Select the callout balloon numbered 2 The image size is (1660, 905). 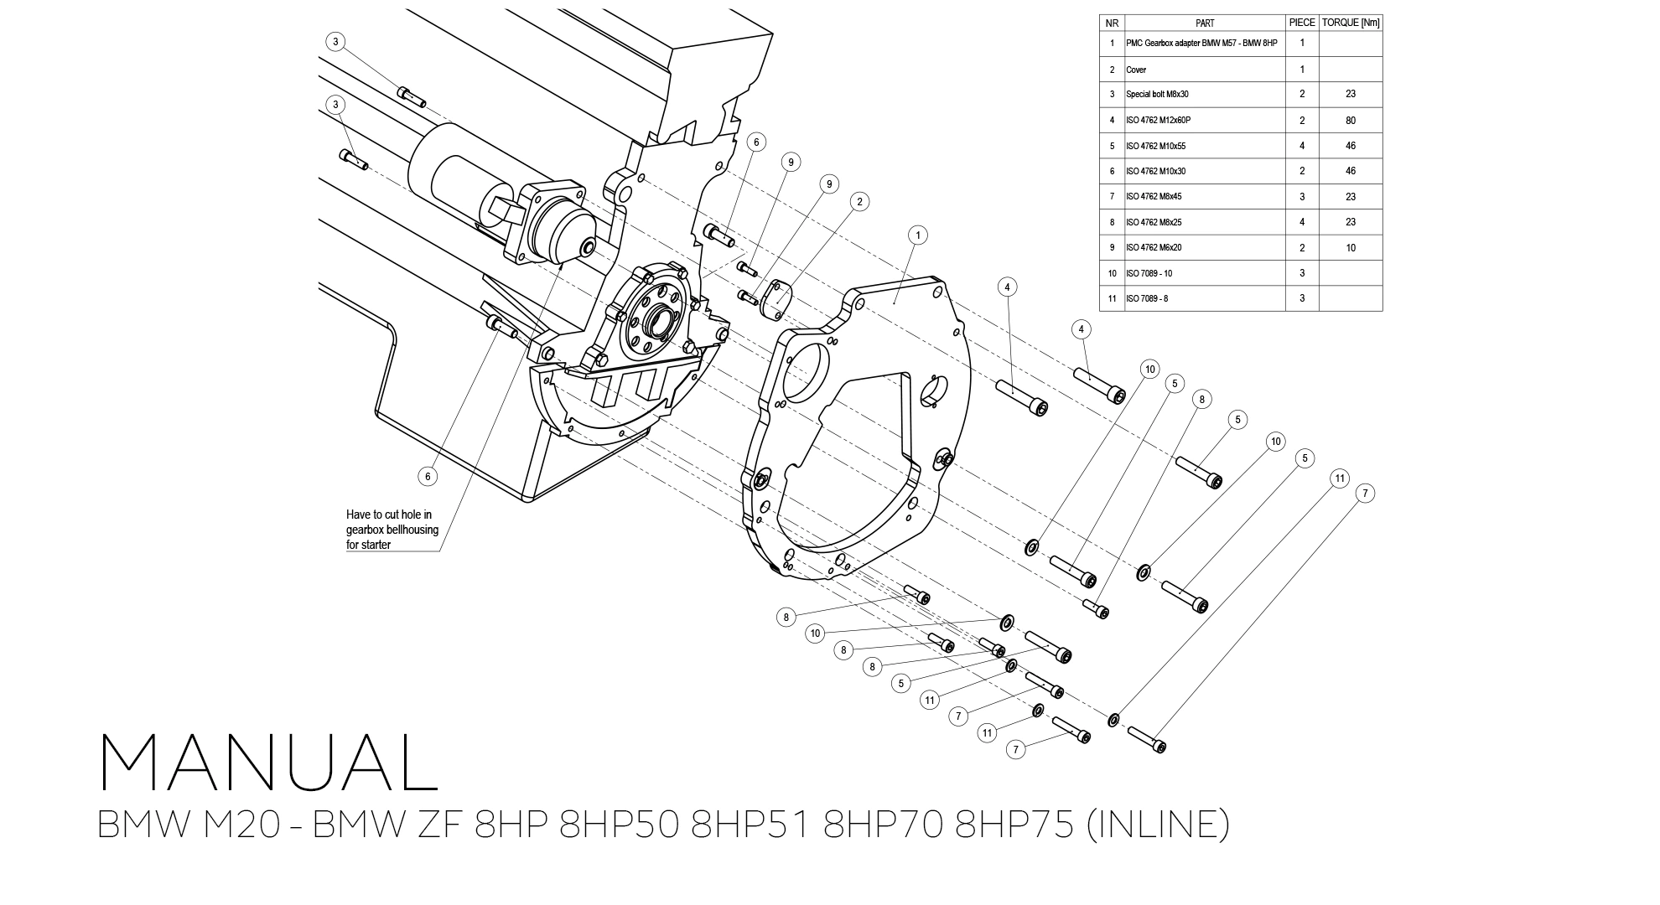(859, 201)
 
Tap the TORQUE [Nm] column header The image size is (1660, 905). (1350, 23)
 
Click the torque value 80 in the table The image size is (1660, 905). (1350, 121)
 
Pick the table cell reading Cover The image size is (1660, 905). (1136, 70)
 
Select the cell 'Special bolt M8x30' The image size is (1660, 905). (1157, 95)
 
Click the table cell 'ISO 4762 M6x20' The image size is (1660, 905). (1154, 248)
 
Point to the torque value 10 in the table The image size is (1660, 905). (1350, 248)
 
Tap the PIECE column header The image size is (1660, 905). (1301, 23)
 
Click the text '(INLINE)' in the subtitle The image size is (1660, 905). (1157, 824)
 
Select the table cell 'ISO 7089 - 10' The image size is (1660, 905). (1149, 273)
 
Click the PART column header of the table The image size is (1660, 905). (1204, 23)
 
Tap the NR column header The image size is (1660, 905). (1112, 23)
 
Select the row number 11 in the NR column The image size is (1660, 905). (1112, 299)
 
